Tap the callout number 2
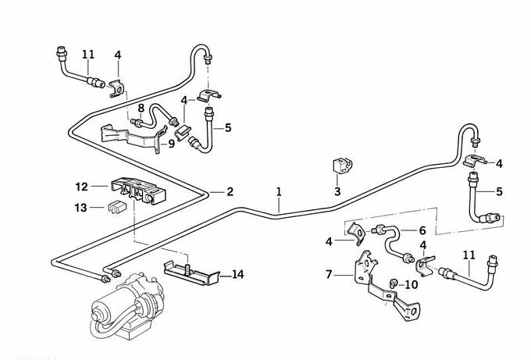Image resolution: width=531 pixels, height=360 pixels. (x=230, y=191)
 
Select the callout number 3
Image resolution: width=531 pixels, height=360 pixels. (x=337, y=191)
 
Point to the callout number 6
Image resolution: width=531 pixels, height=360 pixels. (x=422, y=230)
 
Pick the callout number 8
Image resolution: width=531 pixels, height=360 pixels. (x=141, y=107)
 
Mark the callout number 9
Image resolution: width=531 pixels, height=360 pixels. (x=171, y=144)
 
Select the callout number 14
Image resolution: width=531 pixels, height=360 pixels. (x=237, y=274)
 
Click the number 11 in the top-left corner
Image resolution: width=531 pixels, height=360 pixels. (x=88, y=55)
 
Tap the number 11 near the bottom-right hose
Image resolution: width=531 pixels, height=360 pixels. (x=469, y=255)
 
